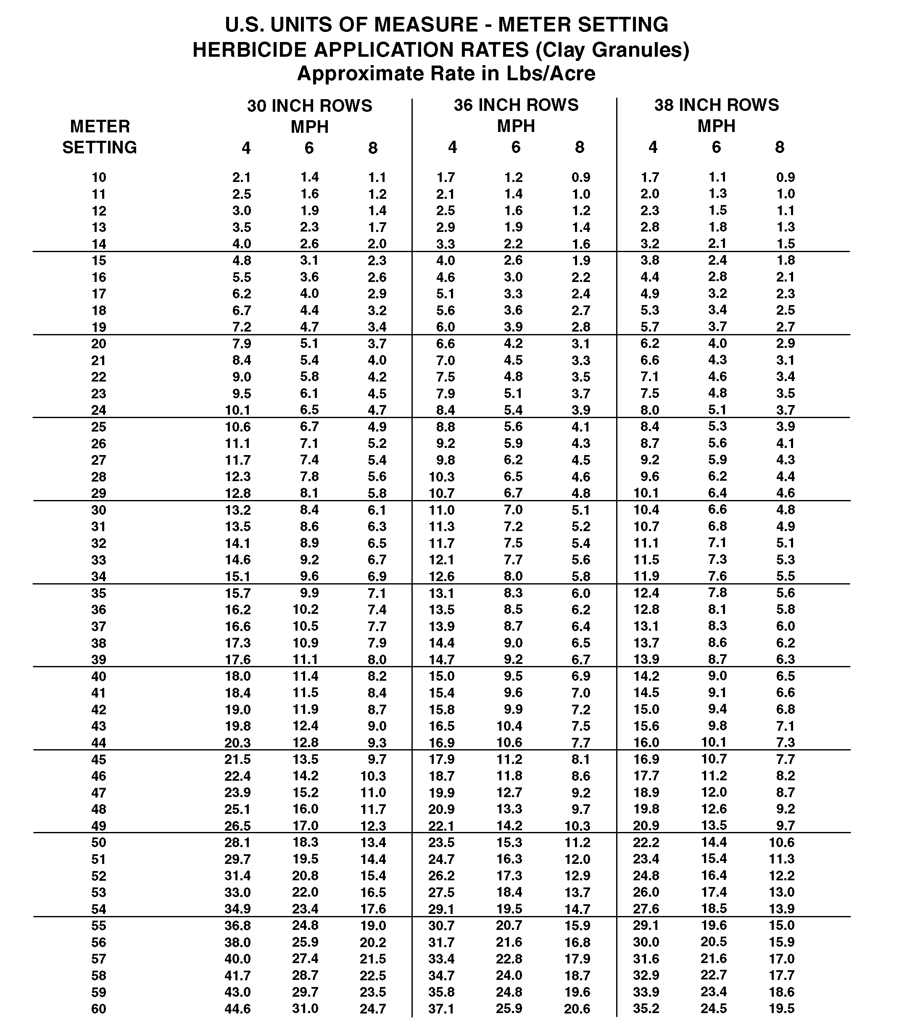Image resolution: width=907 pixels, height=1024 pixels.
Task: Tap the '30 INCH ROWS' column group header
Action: coord(309,106)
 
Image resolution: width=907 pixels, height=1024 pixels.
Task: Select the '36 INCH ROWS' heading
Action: coord(516,105)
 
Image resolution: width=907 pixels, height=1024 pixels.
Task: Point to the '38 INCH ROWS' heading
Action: coord(716,105)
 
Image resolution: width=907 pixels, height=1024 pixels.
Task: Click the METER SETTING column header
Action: coord(99,136)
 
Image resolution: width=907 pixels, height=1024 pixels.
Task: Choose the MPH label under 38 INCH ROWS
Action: coord(716,126)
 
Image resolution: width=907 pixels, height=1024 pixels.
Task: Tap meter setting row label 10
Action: coord(99,177)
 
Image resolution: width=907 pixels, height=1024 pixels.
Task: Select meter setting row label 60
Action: coord(99,1008)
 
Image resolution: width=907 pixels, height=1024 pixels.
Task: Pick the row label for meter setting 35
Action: coord(99,593)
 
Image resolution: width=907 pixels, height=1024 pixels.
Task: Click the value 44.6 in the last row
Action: coord(237,1008)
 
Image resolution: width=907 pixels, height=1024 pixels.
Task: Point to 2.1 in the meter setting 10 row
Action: coord(242,177)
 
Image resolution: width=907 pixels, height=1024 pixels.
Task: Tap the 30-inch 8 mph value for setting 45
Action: coord(377,759)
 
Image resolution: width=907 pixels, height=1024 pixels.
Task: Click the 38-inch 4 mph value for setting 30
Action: coord(646,510)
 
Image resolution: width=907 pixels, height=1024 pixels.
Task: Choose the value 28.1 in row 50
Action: coord(237,842)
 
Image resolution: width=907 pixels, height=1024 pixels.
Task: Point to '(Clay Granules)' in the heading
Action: coord(612,50)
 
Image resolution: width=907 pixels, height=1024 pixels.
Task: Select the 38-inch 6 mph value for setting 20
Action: coord(717,343)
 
